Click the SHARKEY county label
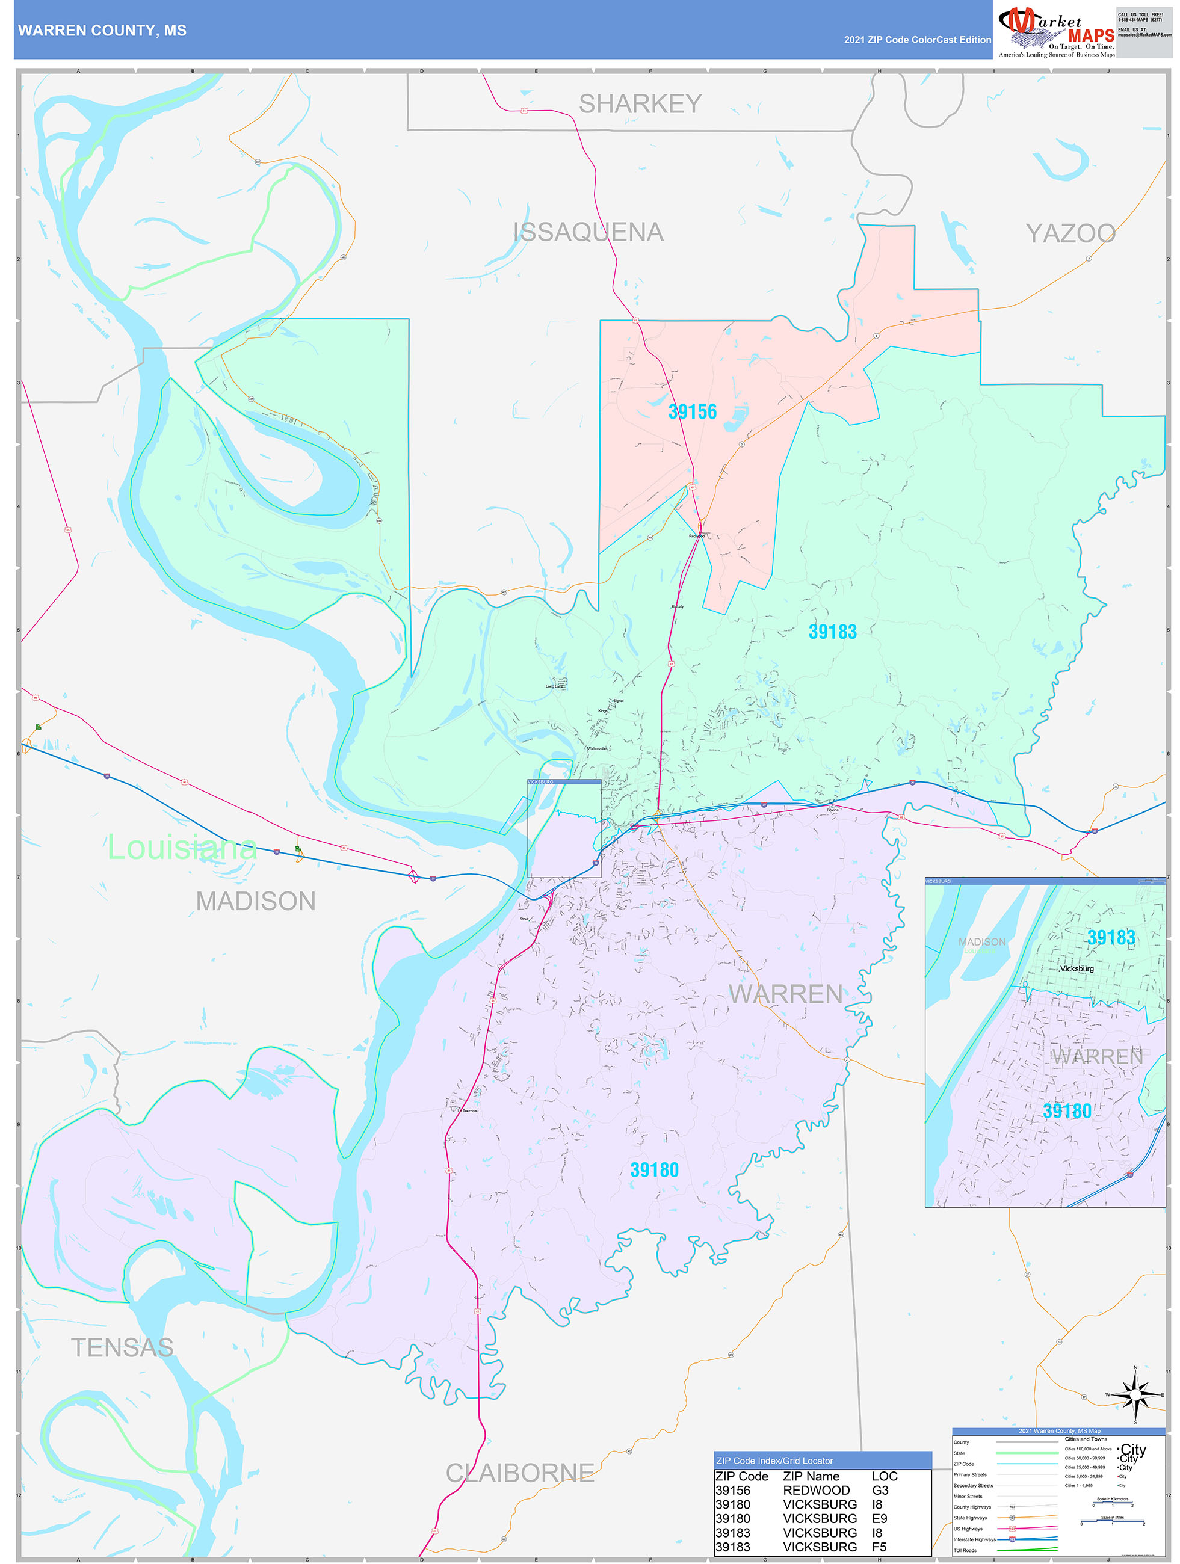[x=640, y=104]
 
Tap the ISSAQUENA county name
[x=588, y=232]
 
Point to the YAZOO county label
[x=1070, y=233]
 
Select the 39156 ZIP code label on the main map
[x=692, y=411]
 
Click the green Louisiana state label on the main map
[x=182, y=847]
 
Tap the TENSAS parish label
[x=122, y=1347]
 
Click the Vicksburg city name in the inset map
[x=1076, y=968]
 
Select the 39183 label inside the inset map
[x=1111, y=938]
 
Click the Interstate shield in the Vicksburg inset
[x=1130, y=1174]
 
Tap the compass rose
[x=1135, y=1395]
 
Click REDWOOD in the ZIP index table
[x=816, y=1490]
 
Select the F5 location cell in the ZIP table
[x=879, y=1547]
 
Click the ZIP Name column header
[x=811, y=1476]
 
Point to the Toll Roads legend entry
[x=965, y=1550]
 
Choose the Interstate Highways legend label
[x=974, y=1539]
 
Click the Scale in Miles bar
[x=1113, y=1521]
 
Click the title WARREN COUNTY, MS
[x=102, y=31]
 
